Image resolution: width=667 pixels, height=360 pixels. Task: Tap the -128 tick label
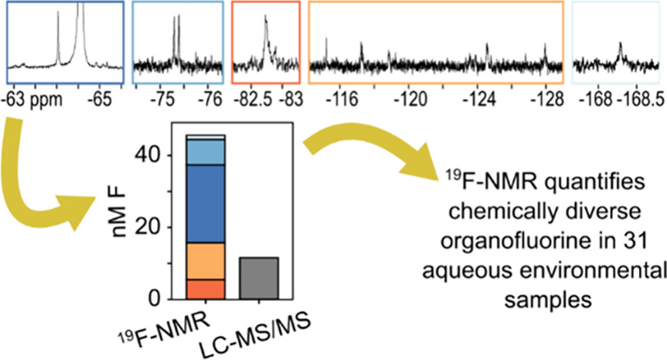546,99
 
